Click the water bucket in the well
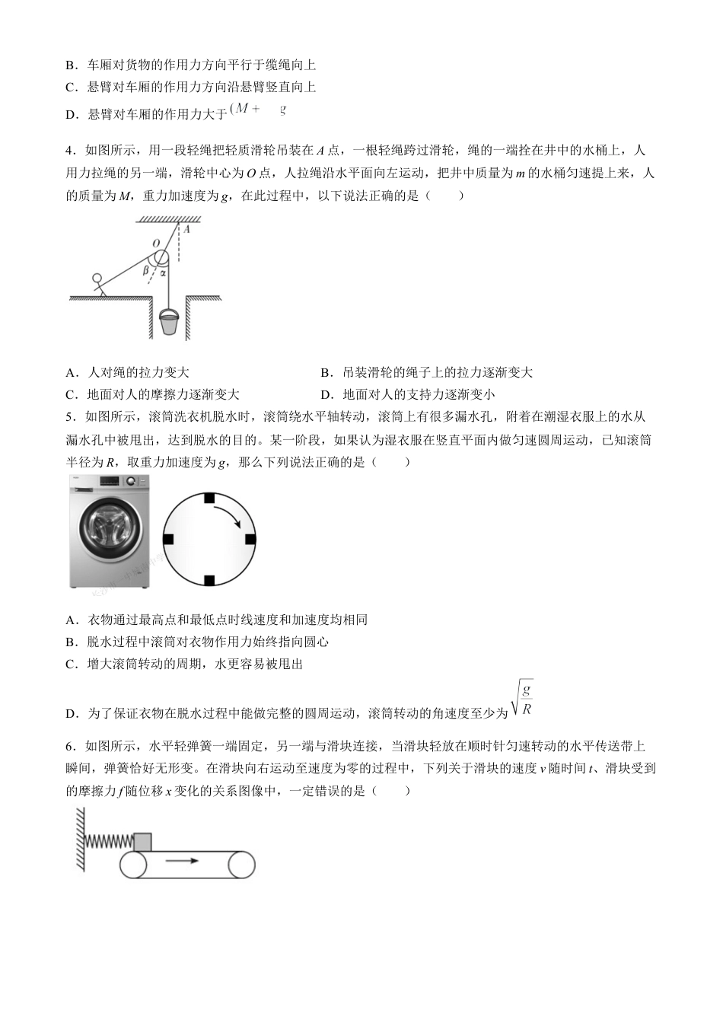click(x=170, y=322)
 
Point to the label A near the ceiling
click(x=187, y=228)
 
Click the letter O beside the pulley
click(x=155, y=244)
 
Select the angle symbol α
click(x=163, y=272)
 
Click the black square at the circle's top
click(x=209, y=498)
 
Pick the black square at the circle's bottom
click(x=209, y=581)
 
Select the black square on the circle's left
click(x=168, y=539)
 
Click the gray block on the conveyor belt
click(x=142, y=842)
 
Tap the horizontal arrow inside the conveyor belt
click(x=181, y=861)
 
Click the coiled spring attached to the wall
click(x=109, y=841)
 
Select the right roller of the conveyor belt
click(x=241, y=865)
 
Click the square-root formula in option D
click(x=523, y=699)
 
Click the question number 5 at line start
click(x=69, y=416)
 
